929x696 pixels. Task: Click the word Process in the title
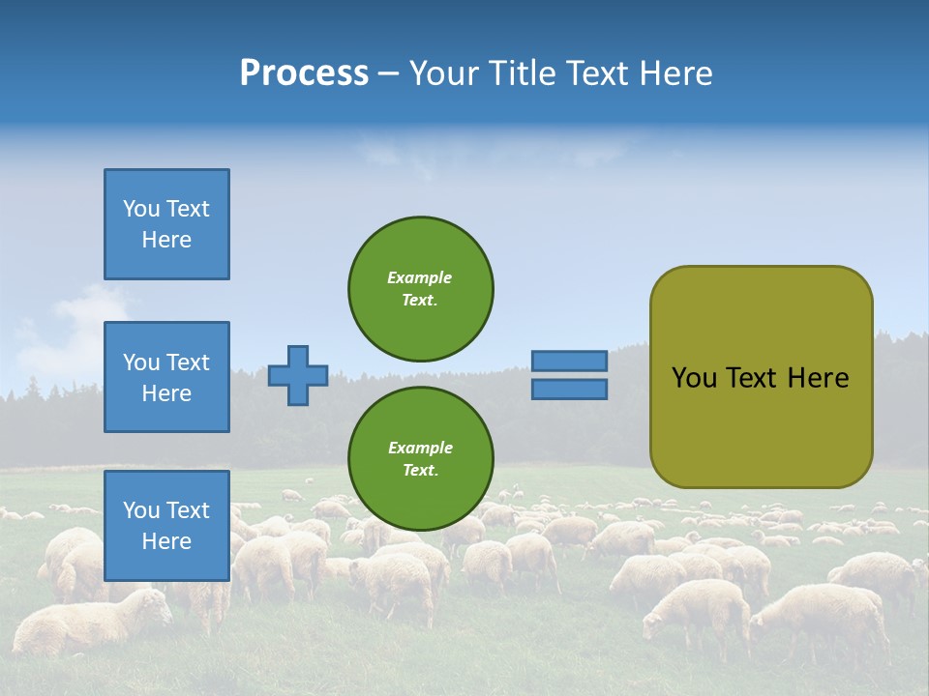[304, 73]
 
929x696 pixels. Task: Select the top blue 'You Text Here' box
[166, 224]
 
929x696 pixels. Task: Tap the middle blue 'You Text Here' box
[166, 377]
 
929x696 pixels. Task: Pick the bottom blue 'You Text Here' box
[166, 525]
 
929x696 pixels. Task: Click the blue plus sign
[298, 375]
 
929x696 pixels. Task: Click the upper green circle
[420, 288]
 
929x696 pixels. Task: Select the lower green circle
[420, 458]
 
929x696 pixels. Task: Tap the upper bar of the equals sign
[569, 361]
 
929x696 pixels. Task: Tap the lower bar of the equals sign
[569, 389]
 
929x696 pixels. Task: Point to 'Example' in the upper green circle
[419, 277]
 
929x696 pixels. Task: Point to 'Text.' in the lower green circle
[420, 470]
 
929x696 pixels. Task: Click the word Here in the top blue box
[166, 240]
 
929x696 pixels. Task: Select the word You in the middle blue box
[140, 362]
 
